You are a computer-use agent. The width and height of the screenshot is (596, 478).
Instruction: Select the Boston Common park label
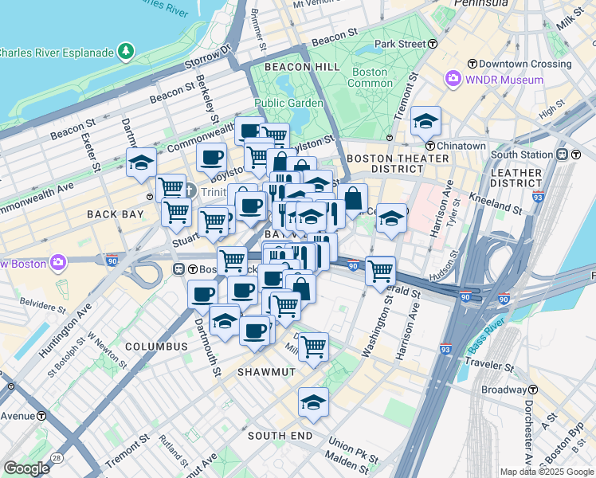tap(370, 77)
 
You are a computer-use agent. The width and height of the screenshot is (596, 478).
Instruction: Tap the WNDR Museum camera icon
tap(453, 79)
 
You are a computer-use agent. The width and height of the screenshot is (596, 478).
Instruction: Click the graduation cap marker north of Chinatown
tap(425, 121)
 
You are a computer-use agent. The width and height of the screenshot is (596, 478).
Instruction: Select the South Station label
tap(521, 154)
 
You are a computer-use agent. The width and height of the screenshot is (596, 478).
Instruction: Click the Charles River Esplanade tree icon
tap(126, 53)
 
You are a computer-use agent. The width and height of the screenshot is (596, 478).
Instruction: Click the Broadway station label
tap(502, 390)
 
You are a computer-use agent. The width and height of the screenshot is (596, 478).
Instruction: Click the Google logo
tap(26, 468)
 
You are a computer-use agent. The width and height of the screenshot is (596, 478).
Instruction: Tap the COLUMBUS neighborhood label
tap(156, 347)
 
